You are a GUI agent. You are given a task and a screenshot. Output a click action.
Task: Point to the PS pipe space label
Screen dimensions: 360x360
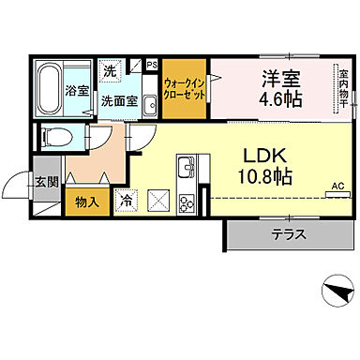152,65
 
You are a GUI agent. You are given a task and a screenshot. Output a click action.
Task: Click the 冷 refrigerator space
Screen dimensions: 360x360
124,199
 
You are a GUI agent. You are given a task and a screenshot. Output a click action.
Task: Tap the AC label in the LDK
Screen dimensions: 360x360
337,187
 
